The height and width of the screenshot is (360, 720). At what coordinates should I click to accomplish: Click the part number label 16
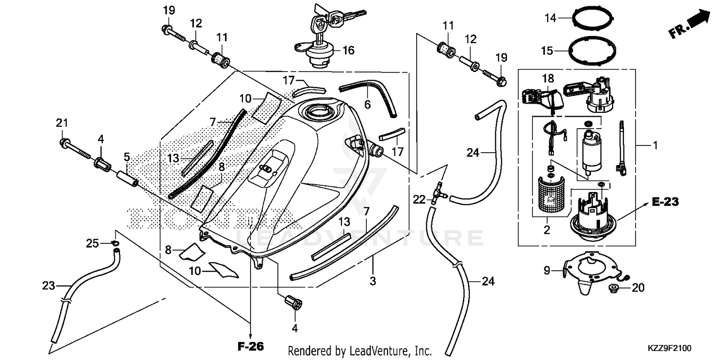(x=348, y=50)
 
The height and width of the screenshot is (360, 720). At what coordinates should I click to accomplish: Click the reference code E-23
(x=665, y=203)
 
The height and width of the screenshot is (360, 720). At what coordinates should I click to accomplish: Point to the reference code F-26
(x=251, y=346)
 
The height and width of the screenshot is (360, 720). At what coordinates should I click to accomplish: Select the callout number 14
(x=550, y=18)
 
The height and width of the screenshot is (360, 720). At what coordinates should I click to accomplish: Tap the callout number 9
(x=546, y=271)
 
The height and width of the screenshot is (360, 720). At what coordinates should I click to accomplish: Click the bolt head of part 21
(x=64, y=143)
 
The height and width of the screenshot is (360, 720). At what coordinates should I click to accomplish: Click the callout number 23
(x=49, y=286)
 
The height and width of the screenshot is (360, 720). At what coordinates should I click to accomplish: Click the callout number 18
(x=548, y=78)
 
